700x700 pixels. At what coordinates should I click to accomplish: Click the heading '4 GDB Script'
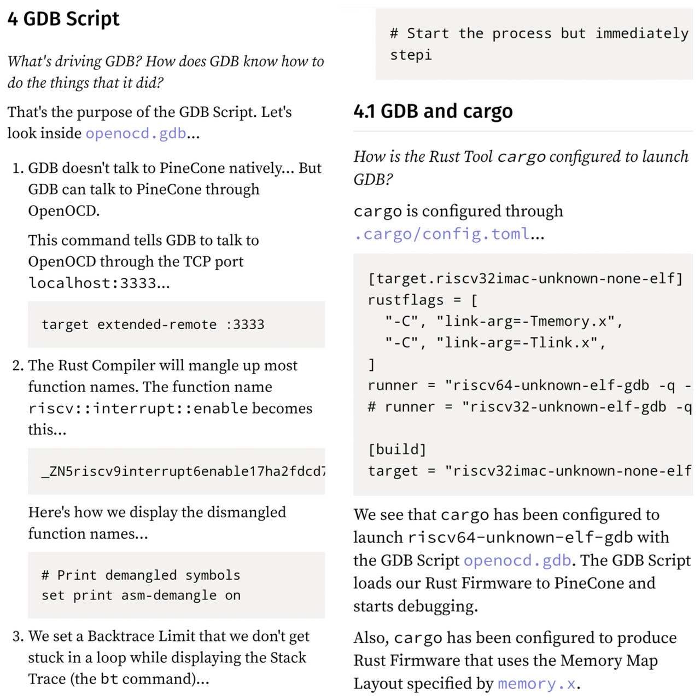click(63, 19)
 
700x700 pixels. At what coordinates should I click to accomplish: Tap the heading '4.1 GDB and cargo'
click(433, 111)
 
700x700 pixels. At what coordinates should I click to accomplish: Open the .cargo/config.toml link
click(442, 234)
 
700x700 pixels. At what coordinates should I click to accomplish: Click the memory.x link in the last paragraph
click(536, 684)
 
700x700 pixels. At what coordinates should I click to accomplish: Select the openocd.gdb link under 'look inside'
click(136, 133)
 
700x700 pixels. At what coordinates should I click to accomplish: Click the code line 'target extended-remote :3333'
click(153, 325)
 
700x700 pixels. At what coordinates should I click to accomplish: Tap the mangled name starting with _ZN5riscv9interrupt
click(183, 471)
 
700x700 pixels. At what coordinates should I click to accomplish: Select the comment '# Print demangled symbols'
click(141, 575)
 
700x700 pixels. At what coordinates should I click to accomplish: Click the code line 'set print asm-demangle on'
click(141, 596)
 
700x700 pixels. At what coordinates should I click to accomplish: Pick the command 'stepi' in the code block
click(411, 55)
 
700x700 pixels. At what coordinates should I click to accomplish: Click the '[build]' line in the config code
click(397, 450)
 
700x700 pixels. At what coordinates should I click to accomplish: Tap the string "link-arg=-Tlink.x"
click(517, 343)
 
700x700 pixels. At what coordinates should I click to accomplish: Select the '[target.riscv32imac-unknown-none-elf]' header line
click(526, 279)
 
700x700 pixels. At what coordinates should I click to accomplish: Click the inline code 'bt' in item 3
click(109, 679)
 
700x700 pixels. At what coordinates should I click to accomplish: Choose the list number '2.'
click(18, 365)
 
